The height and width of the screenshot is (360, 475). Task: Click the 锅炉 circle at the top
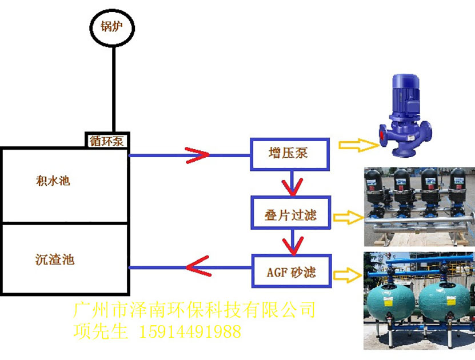tap(113, 27)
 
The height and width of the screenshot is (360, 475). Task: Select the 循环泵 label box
tap(107, 140)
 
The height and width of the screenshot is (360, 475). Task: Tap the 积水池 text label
tap(52, 182)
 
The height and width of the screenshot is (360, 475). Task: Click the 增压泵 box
tap(290, 153)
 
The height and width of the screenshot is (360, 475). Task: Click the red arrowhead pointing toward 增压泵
tap(197, 154)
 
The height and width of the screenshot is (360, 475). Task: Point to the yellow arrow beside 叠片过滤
tap(349, 217)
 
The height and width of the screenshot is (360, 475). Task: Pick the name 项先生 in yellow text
tap(101, 331)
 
